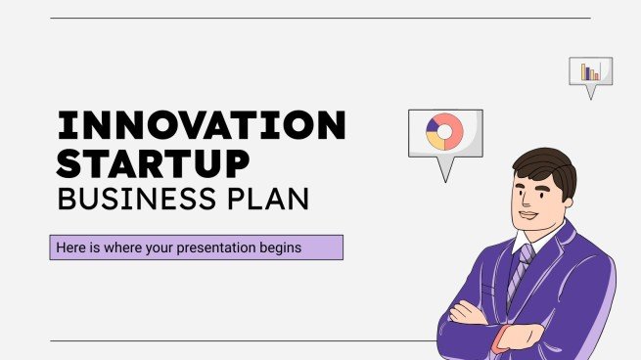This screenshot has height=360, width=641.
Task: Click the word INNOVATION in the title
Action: tap(201, 125)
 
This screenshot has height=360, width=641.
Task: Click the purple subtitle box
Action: tap(196, 247)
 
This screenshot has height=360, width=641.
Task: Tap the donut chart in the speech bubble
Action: tap(444, 132)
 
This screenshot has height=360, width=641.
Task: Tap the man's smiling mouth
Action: tap(527, 214)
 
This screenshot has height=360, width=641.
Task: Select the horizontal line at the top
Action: tap(319, 18)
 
